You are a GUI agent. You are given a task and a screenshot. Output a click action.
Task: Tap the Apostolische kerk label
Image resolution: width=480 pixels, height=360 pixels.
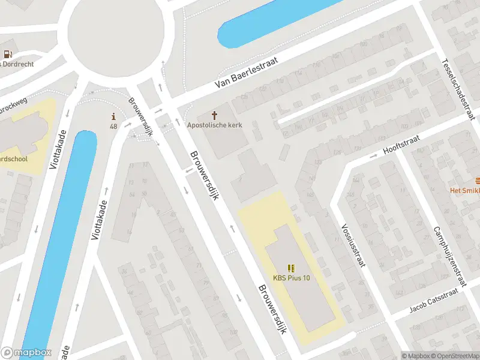tap(214, 125)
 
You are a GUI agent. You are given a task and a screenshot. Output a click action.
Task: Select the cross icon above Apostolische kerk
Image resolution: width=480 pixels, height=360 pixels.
tap(214, 115)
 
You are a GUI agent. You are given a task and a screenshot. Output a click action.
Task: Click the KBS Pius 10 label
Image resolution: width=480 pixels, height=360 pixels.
tap(292, 277)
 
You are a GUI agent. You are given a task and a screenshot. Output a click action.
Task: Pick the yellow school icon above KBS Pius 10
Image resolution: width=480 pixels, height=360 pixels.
tap(292, 268)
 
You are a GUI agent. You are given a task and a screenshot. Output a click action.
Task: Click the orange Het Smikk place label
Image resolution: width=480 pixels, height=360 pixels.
tap(466, 190)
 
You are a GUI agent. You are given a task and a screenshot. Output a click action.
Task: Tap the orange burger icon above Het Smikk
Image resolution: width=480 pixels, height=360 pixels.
tap(477, 180)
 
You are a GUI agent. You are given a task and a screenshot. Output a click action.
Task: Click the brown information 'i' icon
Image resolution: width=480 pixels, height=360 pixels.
tap(113, 116)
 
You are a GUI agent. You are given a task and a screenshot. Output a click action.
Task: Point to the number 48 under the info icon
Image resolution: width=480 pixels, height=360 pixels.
tap(113, 126)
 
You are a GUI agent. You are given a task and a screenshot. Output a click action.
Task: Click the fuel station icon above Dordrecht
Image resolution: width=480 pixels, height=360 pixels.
tap(8, 53)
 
